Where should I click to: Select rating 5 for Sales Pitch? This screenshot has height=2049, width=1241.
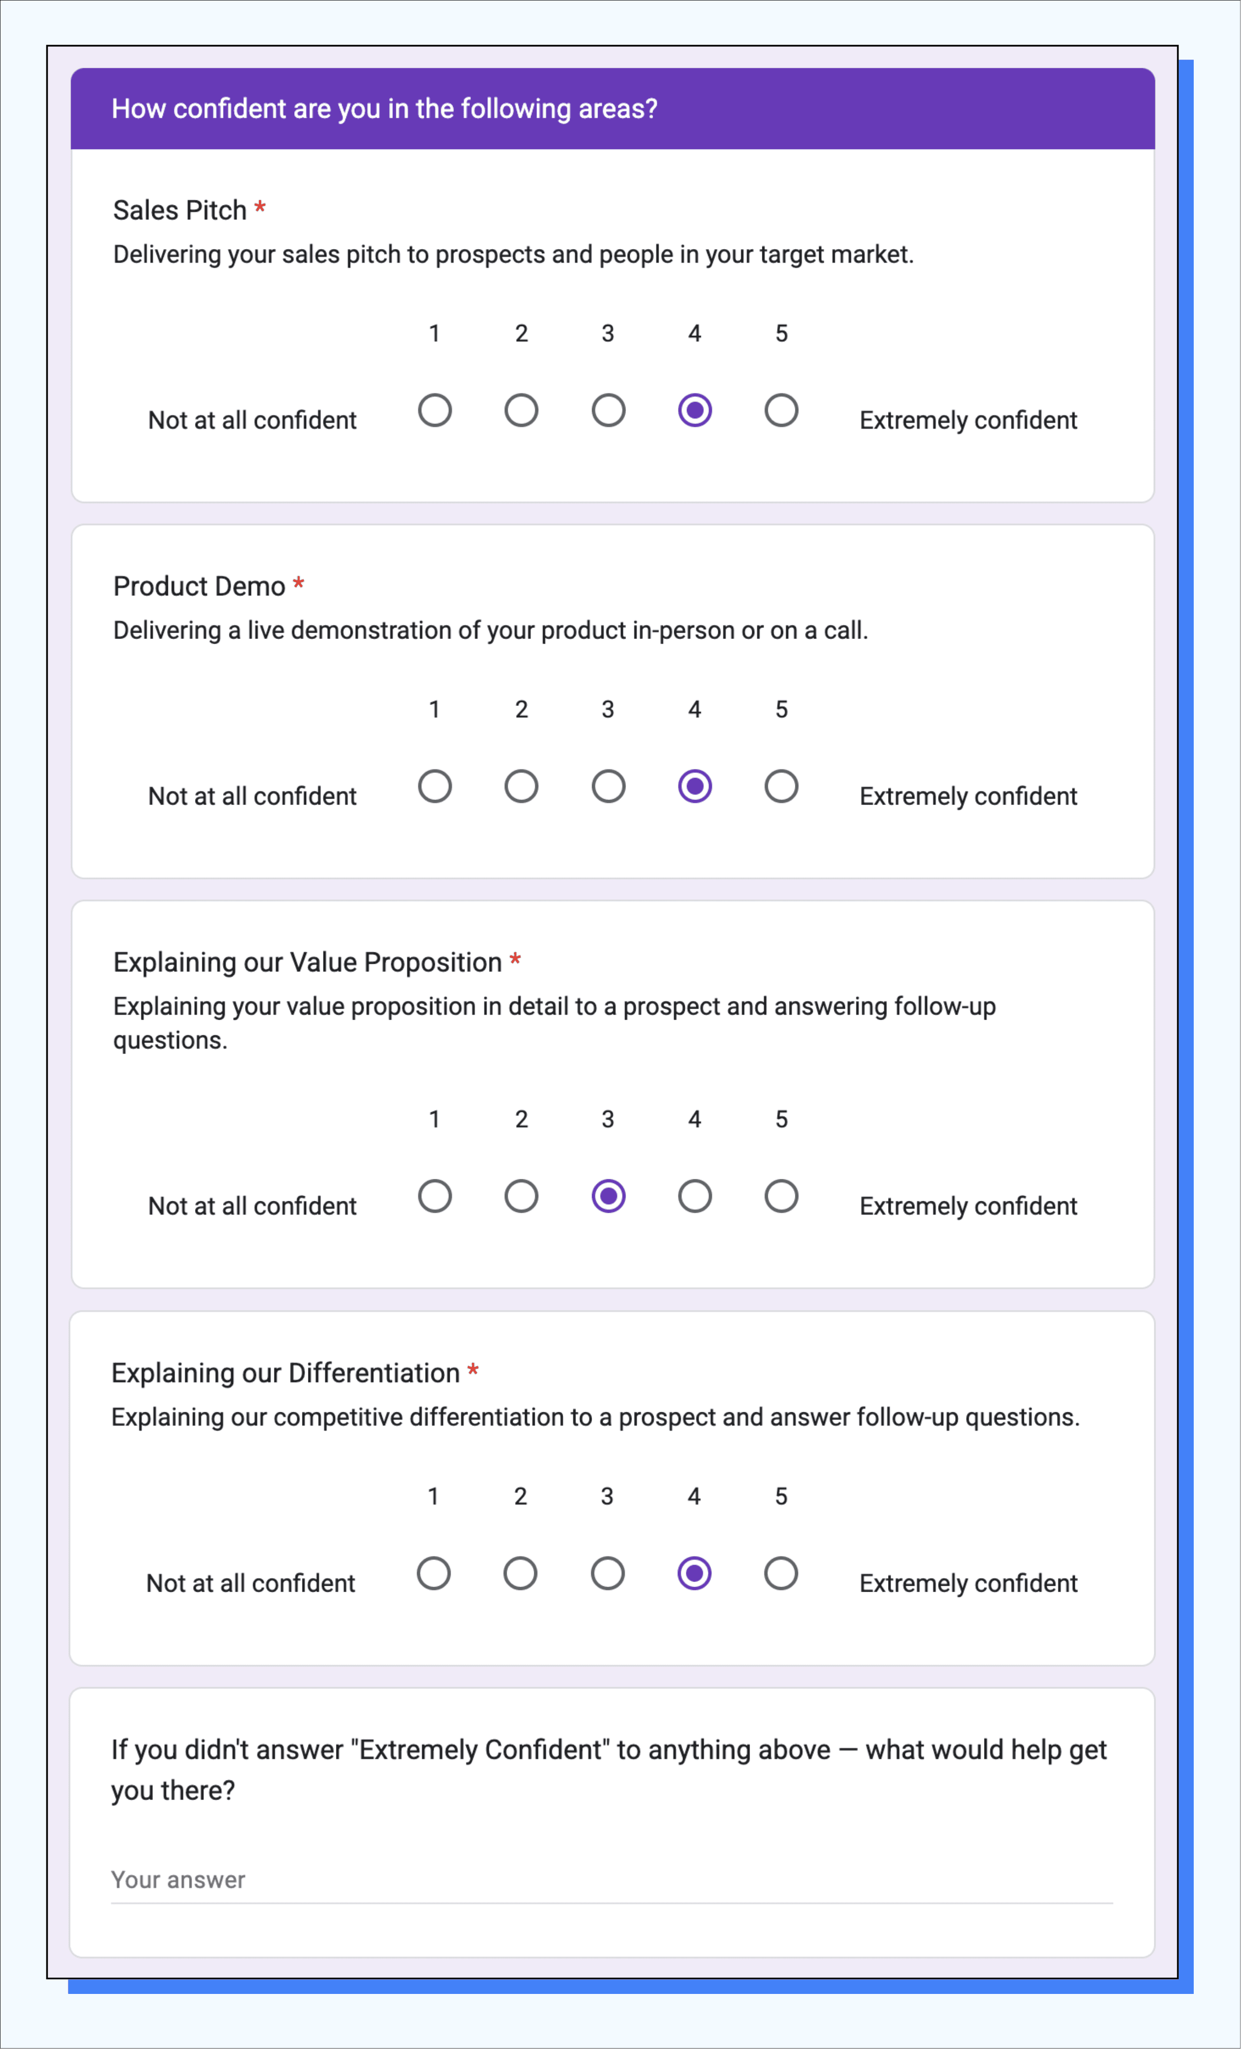(781, 410)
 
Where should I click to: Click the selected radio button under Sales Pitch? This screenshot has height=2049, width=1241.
(694, 410)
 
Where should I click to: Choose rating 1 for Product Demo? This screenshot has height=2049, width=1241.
(434, 786)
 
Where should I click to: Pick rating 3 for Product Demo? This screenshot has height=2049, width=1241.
(608, 786)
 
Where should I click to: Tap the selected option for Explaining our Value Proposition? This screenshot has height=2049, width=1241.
(608, 1196)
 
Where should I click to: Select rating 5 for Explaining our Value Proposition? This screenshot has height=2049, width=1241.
(781, 1196)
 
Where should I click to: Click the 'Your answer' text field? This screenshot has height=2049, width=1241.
(611, 1880)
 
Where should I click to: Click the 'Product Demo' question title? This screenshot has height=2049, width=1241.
(199, 586)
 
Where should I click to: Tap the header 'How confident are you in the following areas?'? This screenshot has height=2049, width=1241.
(384, 109)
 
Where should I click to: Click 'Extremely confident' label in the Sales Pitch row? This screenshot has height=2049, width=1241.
(968, 420)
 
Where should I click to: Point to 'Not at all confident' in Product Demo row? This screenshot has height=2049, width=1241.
(252, 796)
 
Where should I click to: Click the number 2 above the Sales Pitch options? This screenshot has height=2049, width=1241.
(521, 333)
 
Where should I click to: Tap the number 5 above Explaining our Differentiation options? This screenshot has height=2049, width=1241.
(781, 1496)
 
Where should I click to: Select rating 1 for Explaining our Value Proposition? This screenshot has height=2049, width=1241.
(434, 1196)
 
